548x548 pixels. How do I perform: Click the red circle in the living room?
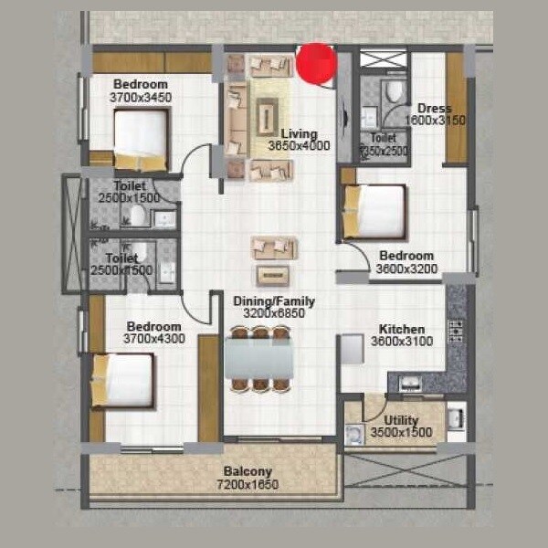317,63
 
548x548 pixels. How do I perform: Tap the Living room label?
299,133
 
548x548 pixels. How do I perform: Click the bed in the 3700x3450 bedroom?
141,139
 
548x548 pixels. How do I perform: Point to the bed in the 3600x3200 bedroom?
374,211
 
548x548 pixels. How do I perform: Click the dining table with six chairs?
261,358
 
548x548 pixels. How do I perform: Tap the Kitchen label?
402,329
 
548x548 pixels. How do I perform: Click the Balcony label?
247,472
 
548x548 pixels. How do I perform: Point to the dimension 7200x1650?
247,485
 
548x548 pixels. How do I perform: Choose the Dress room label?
435,108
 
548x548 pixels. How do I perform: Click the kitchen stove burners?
456,330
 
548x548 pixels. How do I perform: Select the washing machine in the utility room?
355,435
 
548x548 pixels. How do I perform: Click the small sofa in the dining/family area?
275,248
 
